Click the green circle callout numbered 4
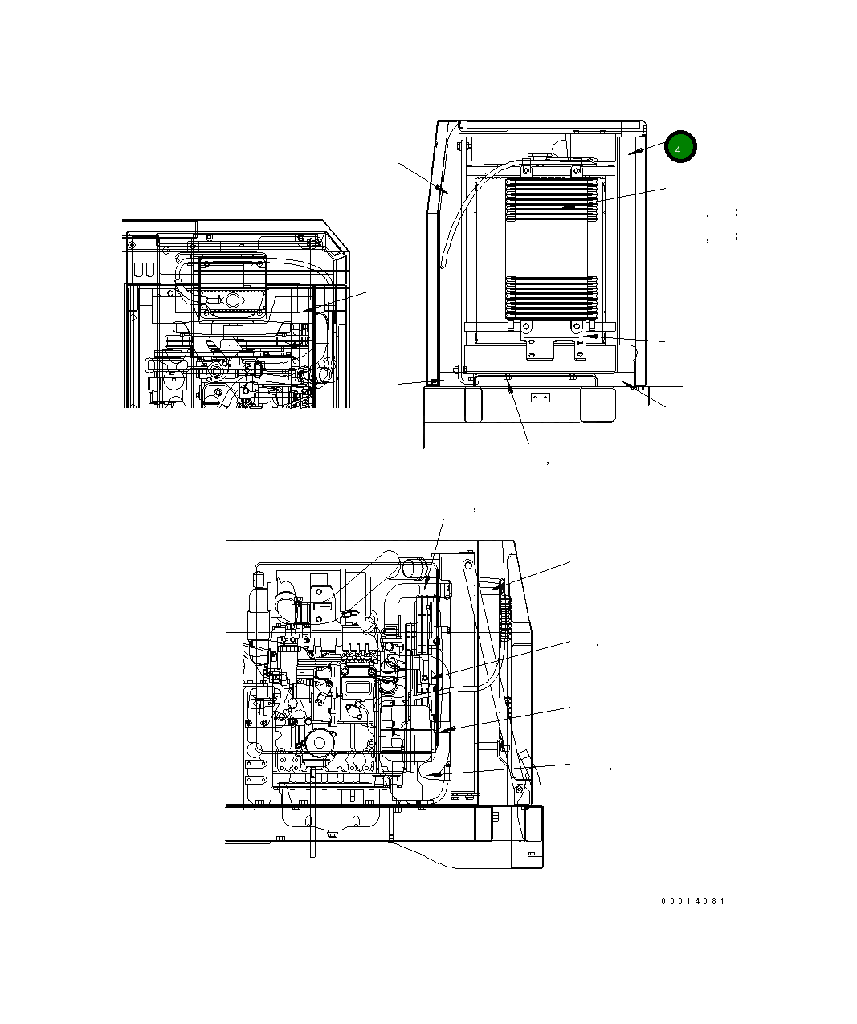click(679, 149)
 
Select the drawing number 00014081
click(692, 901)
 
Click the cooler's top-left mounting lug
click(526, 169)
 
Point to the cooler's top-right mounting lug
click(577, 169)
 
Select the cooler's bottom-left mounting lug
click(526, 326)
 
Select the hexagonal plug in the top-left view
click(234, 300)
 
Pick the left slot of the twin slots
click(137, 267)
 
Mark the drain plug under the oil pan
click(329, 832)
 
